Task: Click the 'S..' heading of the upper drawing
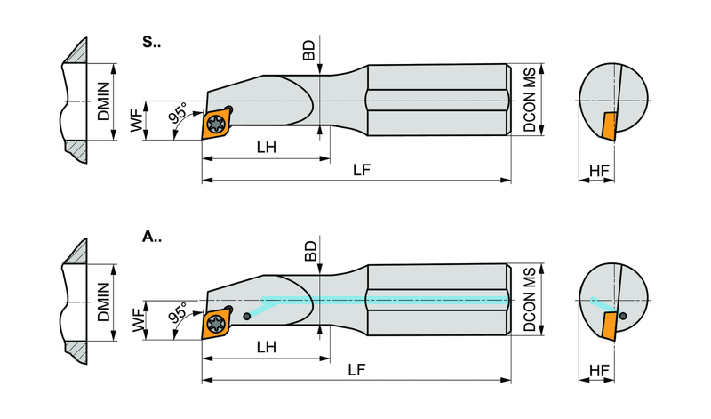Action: coord(151,42)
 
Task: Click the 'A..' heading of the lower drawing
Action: coord(151,237)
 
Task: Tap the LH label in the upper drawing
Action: coord(266,147)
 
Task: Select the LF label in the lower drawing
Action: coord(357,370)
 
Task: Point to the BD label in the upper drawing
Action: coord(309,51)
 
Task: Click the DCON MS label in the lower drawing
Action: coord(529,300)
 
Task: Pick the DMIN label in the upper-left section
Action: coord(104,101)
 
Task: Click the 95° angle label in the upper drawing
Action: coord(178,113)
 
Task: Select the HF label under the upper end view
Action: coord(599,171)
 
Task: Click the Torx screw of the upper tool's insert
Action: coord(216,123)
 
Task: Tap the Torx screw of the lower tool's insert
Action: coord(215,323)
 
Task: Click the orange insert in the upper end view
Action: coord(609,126)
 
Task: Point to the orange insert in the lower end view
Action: coord(609,326)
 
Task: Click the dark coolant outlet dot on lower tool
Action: coord(246,317)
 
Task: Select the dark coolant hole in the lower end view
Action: coord(623,316)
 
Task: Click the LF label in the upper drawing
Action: coord(362,170)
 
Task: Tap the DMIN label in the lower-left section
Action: coord(104,302)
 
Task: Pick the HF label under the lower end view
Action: coord(599,370)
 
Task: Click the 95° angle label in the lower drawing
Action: coord(178,313)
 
